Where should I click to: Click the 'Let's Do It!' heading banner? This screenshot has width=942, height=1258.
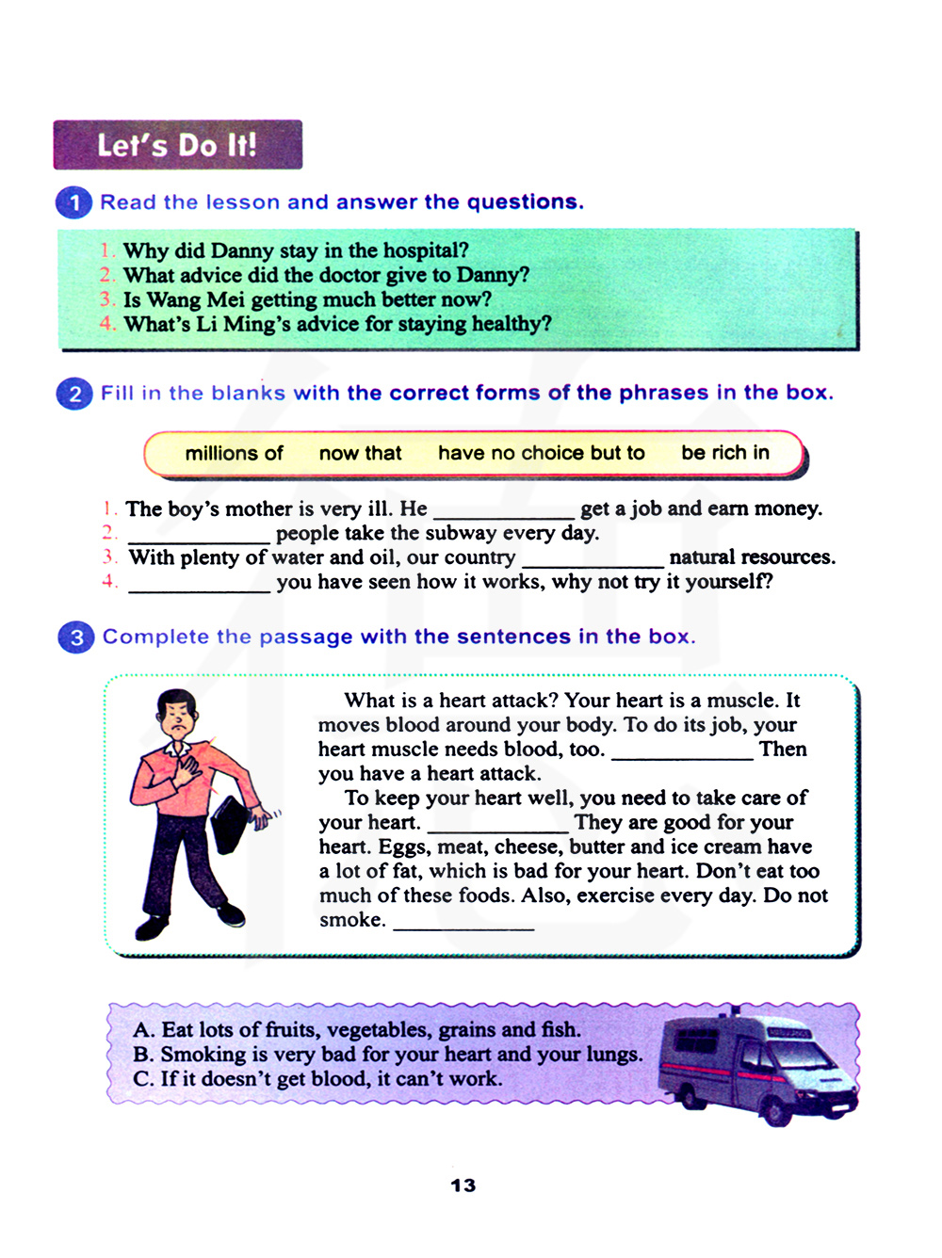point(177,145)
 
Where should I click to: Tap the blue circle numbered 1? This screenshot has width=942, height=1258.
point(74,202)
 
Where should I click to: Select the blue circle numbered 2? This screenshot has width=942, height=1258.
point(74,394)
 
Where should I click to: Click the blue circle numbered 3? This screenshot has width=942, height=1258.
point(76,637)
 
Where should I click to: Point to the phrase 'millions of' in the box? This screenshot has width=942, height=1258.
point(234,454)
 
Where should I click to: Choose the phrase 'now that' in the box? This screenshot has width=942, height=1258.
point(360,454)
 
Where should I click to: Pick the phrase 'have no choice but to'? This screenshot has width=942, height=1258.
point(541,454)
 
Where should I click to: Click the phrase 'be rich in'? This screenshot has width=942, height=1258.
point(724,453)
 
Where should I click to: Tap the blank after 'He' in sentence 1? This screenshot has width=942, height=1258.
point(503,514)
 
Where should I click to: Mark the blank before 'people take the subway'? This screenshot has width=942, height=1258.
point(199,539)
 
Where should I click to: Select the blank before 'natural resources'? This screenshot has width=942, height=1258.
point(593,563)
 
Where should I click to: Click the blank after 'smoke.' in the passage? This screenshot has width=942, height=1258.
point(463,926)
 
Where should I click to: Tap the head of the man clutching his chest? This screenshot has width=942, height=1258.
point(177,715)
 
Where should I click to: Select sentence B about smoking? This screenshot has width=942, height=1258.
point(387,1055)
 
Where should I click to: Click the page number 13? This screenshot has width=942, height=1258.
point(463,1185)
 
